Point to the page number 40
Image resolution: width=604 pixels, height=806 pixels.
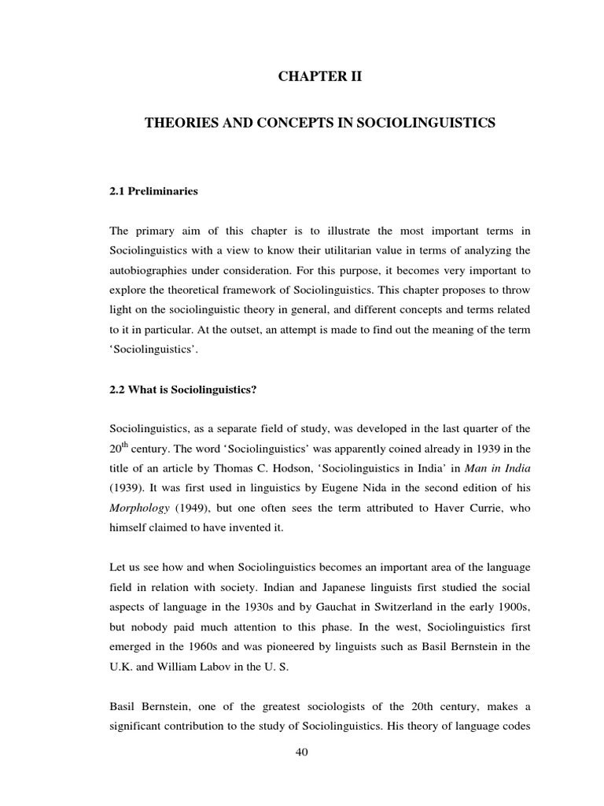point(302,752)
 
